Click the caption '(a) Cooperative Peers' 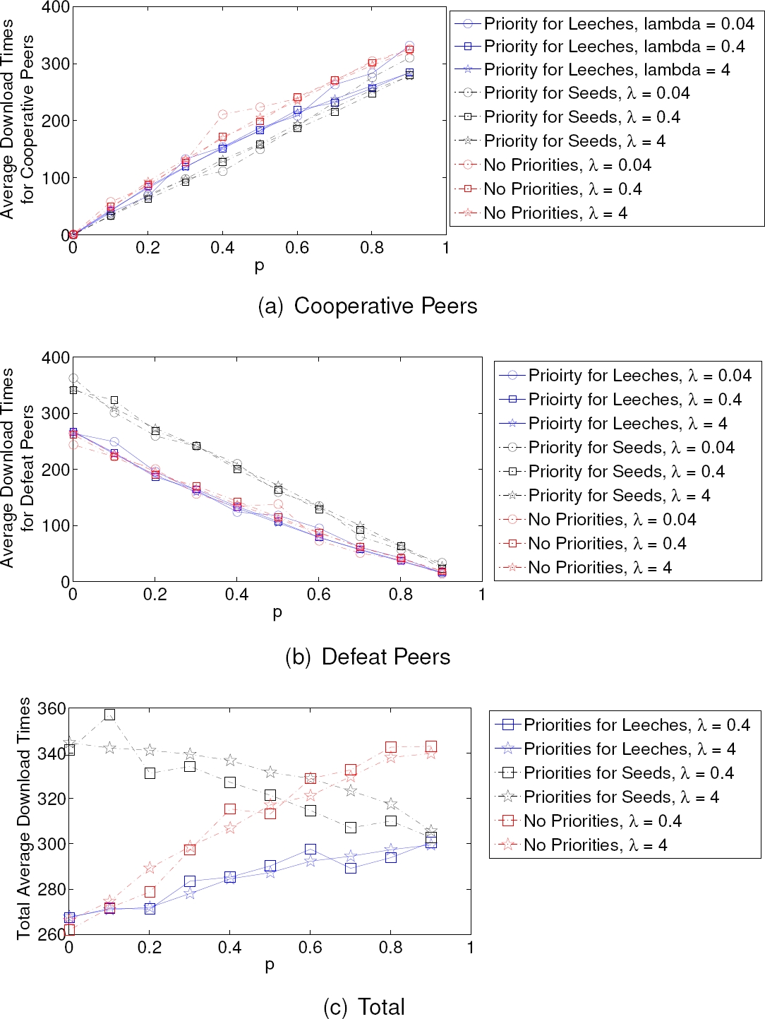point(367,306)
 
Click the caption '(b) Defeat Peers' point(367,657)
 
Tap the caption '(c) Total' point(364,1006)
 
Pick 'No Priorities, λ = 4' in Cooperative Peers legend point(555,213)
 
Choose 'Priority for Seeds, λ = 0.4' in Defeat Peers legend point(626,472)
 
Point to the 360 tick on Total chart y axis point(51,708)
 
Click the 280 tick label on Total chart point(51,889)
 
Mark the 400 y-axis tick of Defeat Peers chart point(56,357)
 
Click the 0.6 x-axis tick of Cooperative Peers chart point(297,248)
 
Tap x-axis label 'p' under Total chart point(269,965)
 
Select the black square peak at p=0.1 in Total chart point(109,715)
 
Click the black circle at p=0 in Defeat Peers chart point(73,379)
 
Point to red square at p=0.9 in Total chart point(431,746)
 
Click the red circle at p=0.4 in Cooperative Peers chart point(223,114)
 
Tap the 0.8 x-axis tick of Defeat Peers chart point(400,595)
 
